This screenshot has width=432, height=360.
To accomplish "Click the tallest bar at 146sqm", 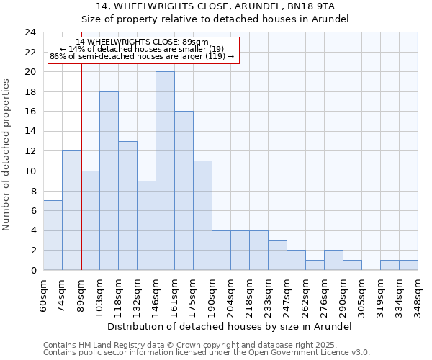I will click(x=165, y=171).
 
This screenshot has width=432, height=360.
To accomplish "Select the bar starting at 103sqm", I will click(x=109, y=181).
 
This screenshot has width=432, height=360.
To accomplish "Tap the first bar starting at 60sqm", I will click(x=53, y=235).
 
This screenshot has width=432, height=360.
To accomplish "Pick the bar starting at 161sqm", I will click(x=184, y=191).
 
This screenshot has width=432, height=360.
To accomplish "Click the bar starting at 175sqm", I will click(x=202, y=215).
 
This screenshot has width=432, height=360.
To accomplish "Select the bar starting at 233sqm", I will click(x=277, y=255).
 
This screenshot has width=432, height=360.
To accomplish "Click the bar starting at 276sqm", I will click(x=333, y=260).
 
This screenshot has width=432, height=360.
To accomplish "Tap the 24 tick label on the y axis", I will click(x=30, y=32).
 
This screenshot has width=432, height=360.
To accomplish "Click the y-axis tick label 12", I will click(x=30, y=151).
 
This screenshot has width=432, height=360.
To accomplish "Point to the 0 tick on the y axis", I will click(x=32, y=270).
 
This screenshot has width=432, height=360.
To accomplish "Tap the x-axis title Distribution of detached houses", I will click(x=230, y=326).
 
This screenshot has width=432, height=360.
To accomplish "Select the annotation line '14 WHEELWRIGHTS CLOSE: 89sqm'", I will click(x=142, y=42).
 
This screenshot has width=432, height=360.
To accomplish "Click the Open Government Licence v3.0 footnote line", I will click(x=207, y=353).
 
